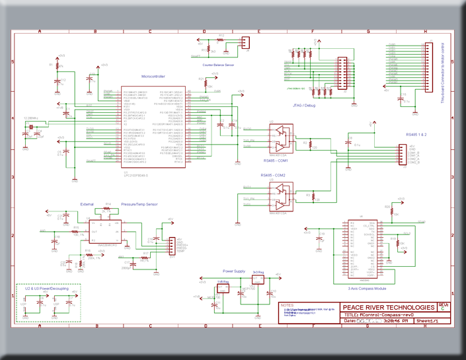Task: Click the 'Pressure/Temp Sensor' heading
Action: point(139,204)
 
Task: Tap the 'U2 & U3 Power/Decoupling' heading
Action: point(48,289)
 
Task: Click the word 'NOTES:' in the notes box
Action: point(287,305)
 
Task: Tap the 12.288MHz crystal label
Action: point(31,118)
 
